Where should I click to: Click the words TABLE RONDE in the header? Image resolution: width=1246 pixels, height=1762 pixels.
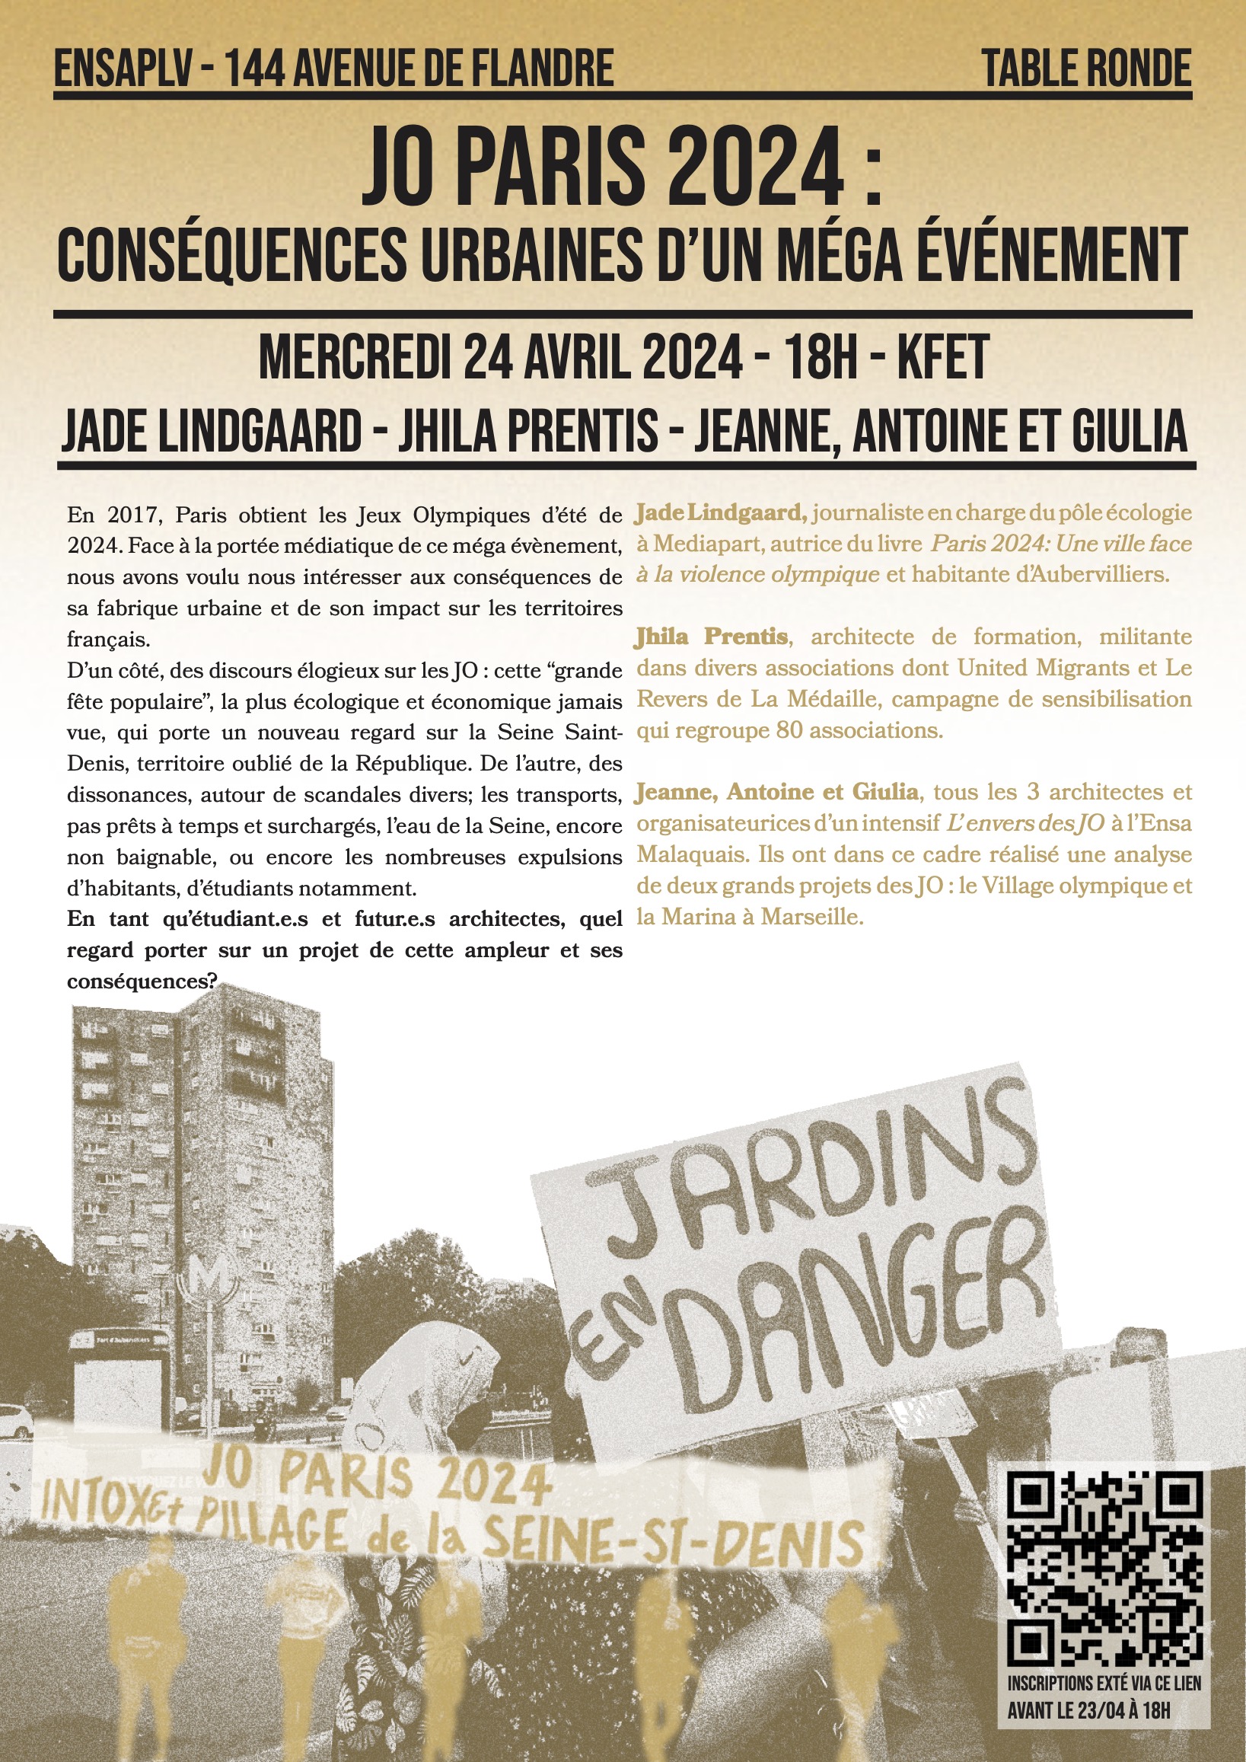[1086, 69]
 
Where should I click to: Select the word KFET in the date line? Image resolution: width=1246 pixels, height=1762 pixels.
[943, 358]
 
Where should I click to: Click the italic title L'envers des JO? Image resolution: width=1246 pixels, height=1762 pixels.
[1026, 823]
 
